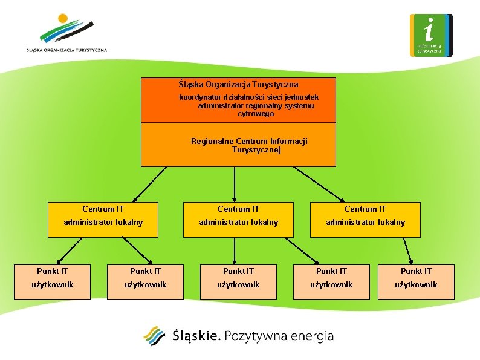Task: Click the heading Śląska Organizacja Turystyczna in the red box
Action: click(239, 85)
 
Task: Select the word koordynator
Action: click(201, 97)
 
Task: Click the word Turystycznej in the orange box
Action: click(256, 149)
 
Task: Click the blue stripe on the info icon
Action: click(448, 35)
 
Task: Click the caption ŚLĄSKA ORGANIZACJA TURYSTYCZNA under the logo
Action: click(66, 50)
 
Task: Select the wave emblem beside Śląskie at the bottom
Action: click(154, 336)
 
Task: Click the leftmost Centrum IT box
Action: click(103, 219)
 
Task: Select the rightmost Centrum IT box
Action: click(366, 219)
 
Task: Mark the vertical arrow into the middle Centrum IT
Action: click(235, 183)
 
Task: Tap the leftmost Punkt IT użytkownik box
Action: click(52, 282)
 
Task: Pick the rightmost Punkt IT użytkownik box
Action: click(416, 282)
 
